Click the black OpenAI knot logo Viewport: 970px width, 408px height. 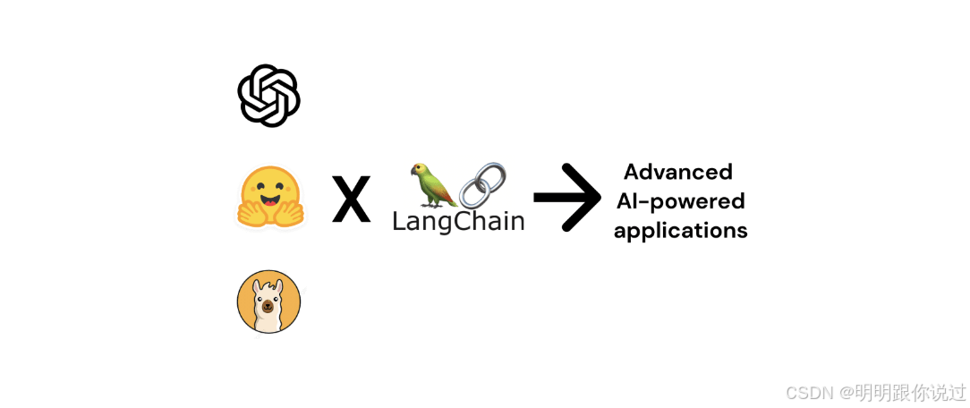(268, 95)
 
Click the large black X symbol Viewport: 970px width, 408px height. (351, 200)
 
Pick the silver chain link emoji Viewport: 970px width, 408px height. (482, 184)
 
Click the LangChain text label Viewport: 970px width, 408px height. (458, 220)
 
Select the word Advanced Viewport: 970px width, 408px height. (678, 171)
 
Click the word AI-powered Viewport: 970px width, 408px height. (680, 200)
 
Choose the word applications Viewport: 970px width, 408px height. (681, 230)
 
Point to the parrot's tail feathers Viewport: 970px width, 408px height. (451, 202)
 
